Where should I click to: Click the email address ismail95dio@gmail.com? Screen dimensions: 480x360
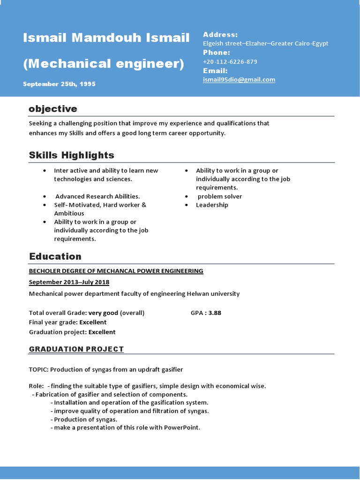pyautogui.click(x=239, y=80)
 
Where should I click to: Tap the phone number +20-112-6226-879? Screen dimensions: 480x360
pyautogui.click(x=230, y=62)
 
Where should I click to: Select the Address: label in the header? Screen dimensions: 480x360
pyautogui.click(x=220, y=35)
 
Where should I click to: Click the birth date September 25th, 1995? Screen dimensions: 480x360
pyautogui.click(x=59, y=84)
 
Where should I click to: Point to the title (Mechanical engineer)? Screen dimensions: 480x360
pyautogui.click(x=104, y=63)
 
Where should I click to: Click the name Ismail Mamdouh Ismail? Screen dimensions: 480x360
pyautogui.click(x=106, y=37)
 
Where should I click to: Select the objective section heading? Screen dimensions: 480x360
pyautogui.click(x=52, y=109)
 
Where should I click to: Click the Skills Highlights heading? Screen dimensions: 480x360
pyautogui.click(x=71, y=155)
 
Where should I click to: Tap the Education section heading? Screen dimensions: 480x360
pyautogui.click(x=55, y=256)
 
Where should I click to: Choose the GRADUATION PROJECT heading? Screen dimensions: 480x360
pyautogui.click(x=76, y=349)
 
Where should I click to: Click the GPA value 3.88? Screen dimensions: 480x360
pyautogui.click(x=215, y=313)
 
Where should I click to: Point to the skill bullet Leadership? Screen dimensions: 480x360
pyautogui.click(x=212, y=205)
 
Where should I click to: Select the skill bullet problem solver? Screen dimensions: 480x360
pyautogui.click(x=220, y=196)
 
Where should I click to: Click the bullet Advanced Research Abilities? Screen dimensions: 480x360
pyautogui.click(x=97, y=196)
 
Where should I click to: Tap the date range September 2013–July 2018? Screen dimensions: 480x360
pyautogui.click(x=69, y=282)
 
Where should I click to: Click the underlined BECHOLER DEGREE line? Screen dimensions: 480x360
pyautogui.click(x=116, y=271)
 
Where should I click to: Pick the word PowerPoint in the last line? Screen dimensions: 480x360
pyautogui.click(x=182, y=427)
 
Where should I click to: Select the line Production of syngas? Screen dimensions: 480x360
pyautogui.click(x=85, y=419)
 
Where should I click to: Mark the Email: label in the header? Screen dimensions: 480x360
pyautogui.click(x=215, y=71)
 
